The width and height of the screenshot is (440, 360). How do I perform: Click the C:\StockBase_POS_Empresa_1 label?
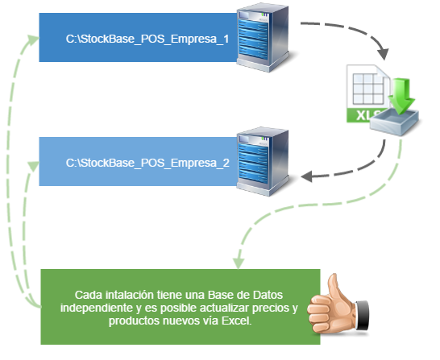[x=147, y=39]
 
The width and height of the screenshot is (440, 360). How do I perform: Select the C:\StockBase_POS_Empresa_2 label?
[x=147, y=163]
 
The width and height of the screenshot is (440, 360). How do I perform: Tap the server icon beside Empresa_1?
[x=263, y=37]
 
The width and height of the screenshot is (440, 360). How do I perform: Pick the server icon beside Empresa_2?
[x=263, y=162]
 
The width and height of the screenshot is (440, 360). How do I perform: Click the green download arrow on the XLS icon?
[x=401, y=95]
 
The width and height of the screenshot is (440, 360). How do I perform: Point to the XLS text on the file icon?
[x=364, y=115]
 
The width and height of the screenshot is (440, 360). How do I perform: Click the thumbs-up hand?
[x=338, y=304]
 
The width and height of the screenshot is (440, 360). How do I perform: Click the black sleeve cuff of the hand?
[x=363, y=315]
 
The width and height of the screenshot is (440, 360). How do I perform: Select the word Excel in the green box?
[x=237, y=321]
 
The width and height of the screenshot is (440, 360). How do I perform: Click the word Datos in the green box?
[x=268, y=295]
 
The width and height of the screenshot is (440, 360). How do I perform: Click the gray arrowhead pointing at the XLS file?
[x=384, y=54]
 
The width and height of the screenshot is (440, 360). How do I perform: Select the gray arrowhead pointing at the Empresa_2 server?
[x=306, y=176]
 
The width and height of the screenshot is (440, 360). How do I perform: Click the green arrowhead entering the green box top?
[x=239, y=263]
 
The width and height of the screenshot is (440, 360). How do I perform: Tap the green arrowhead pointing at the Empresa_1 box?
[x=33, y=39]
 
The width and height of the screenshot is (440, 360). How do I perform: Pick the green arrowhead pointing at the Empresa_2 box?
[x=33, y=166]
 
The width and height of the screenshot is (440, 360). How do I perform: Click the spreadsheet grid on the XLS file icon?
[x=368, y=89]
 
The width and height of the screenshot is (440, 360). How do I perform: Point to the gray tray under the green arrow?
[x=394, y=122]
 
